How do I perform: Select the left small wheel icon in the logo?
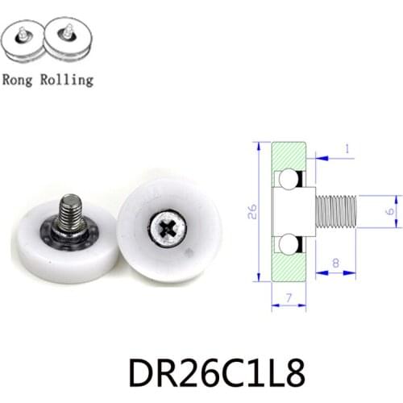tap(22, 41)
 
